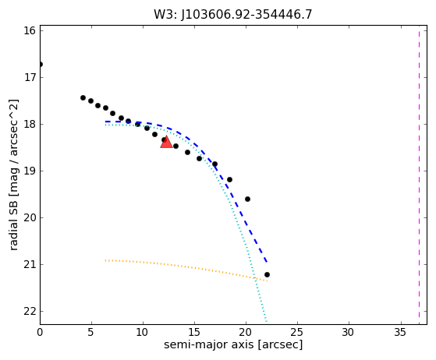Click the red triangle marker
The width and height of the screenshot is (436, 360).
coord(166,143)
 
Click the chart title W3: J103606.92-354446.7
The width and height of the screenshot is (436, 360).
coord(233,15)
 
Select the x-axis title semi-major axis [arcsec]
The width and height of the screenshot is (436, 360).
coord(233,344)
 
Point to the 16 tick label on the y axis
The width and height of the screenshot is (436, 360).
coord(30,30)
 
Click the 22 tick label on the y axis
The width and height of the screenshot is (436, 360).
coord(30,312)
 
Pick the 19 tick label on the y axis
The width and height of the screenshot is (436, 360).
coord(30,171)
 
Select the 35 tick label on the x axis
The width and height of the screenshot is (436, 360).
coord(400,332)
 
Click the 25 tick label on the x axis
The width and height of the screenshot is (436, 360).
coord(297,332)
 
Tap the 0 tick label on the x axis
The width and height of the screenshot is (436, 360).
coord(40,332)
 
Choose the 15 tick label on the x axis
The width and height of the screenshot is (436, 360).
coord(194,332)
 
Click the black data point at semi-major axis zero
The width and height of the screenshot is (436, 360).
coord(41,65)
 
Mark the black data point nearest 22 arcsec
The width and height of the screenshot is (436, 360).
coord(267,275)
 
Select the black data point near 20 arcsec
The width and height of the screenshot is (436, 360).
coord(247,199)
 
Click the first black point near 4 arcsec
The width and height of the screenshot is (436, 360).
coord(83,97)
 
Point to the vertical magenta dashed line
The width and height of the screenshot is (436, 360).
coord(419,175)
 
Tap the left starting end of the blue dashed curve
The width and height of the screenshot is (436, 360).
coord(105,122)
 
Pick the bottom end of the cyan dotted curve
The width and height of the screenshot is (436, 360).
coord(266,322)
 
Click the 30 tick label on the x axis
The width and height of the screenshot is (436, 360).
coord(349,332)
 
